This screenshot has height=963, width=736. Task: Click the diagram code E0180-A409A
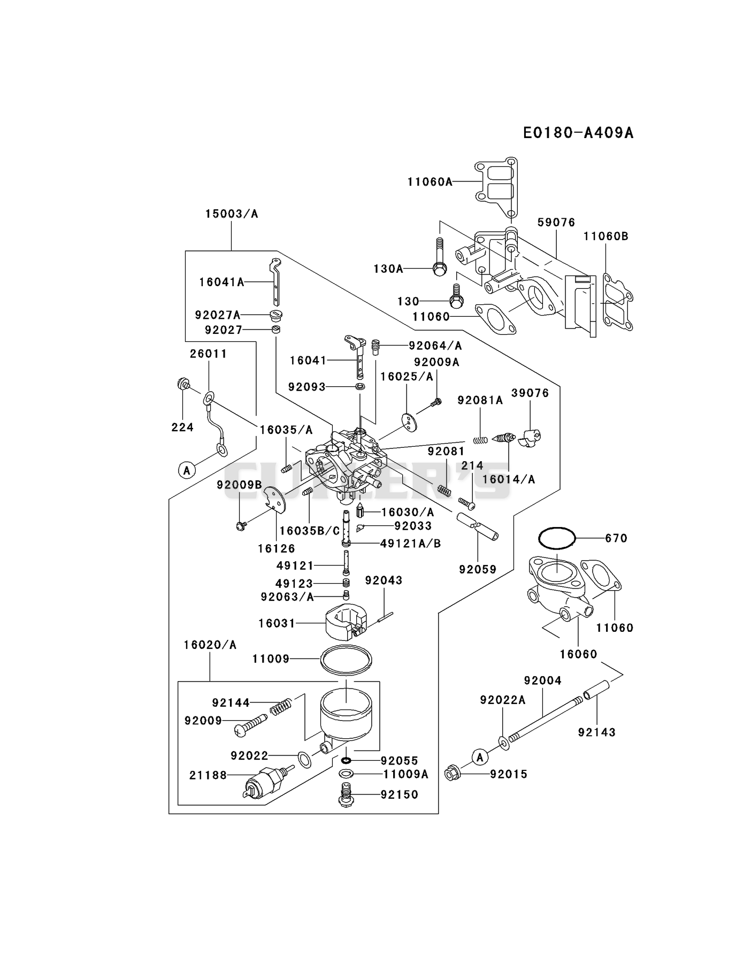pos(578,133)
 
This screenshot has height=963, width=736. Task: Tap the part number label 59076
pos(556,222)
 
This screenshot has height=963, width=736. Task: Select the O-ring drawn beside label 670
pos(556,538)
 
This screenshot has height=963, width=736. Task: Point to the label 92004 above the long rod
pos(543,681)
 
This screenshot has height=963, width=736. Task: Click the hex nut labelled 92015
pos(453,774)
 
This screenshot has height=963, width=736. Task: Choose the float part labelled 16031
pos(346,622)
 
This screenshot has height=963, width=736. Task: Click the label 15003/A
pos(232,214)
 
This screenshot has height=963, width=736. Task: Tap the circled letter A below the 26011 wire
pos(186,471)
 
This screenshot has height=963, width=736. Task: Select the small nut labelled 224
pos(183,384)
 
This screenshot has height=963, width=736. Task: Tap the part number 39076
pos(530,393)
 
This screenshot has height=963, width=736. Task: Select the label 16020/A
pos(210,645)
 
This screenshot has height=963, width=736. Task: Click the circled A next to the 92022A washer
pos(480,757)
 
